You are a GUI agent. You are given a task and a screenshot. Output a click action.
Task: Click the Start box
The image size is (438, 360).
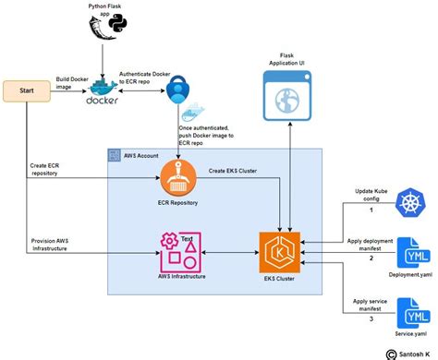click(x=29, y=91)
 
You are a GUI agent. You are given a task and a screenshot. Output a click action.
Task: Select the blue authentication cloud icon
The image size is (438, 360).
click(x=176, y=90)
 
